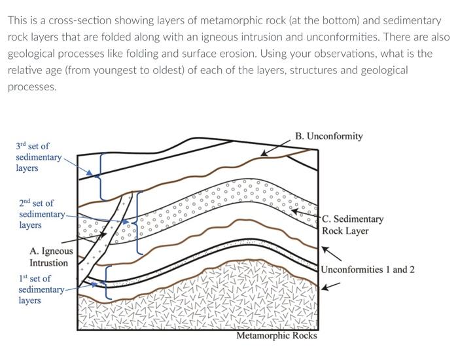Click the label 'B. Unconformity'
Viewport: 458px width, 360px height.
click(328, 136)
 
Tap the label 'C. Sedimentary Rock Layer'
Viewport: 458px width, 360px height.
click(353, 225)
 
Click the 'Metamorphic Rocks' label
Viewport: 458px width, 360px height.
click(276, 336)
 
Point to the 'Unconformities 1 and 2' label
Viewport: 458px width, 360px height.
click(367, 269)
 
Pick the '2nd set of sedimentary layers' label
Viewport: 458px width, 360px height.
click(39, 214)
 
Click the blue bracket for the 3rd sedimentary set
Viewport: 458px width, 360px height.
click(100, 175)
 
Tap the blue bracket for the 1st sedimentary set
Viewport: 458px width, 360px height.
click(107, 279)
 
